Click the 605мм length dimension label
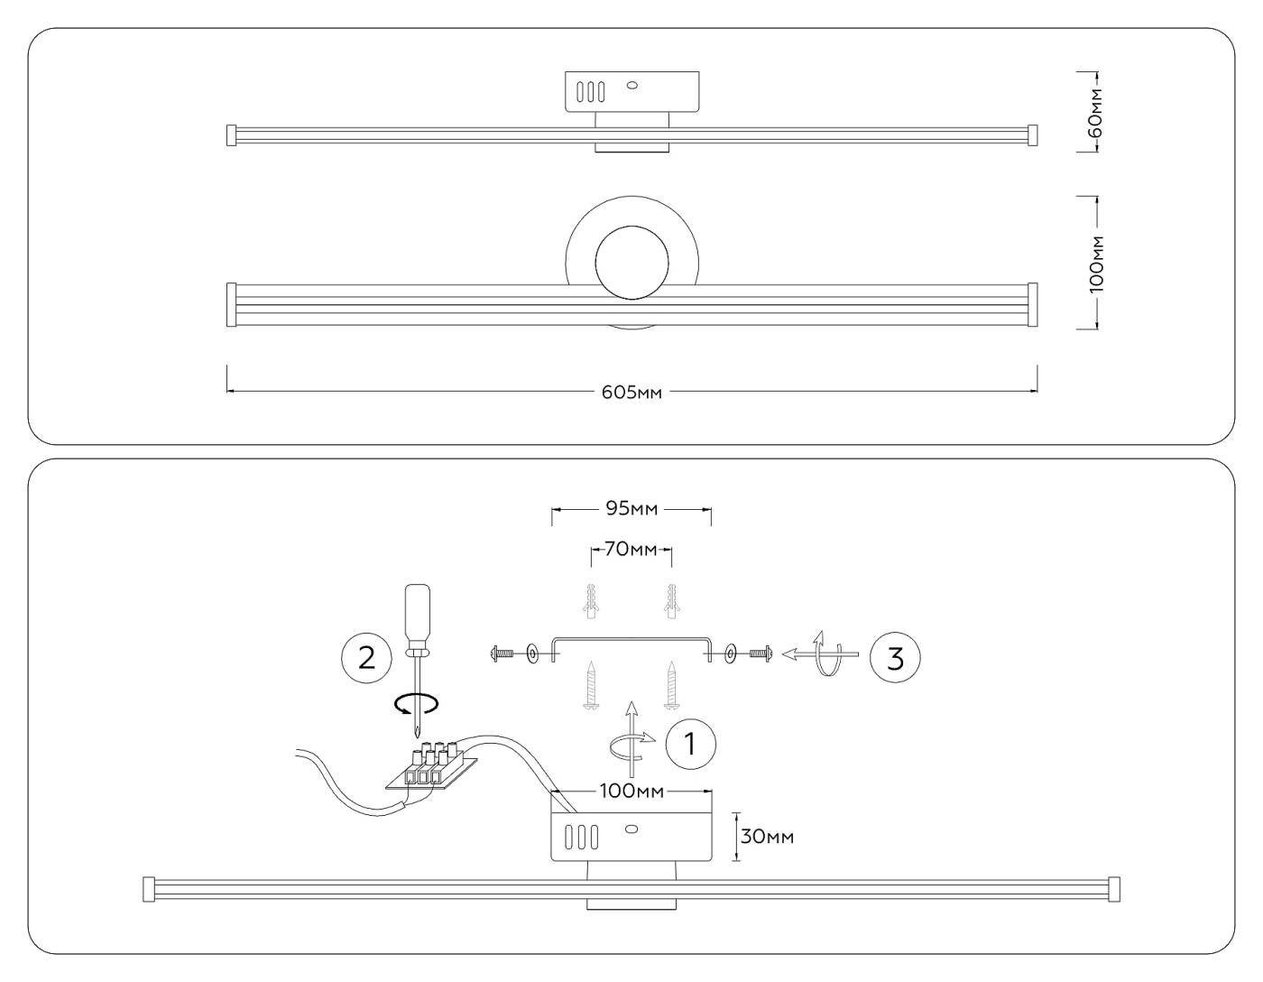pos(631,393)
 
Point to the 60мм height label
pos(1094,112)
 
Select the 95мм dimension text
pos(631,510)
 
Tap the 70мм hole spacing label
pos(631,549)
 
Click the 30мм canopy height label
pos(768,837)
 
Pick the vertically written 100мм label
pos(1095,263)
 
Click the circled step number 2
pos(366,656)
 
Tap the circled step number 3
pos(895,658)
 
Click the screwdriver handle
pos(416,614)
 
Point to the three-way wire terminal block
pos(432,764)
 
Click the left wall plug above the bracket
pos(592,602)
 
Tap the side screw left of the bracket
pos(502,653)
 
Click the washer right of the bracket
pos(729,653)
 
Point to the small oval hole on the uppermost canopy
pos(631,87)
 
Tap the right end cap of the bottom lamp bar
pos(1113,888)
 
